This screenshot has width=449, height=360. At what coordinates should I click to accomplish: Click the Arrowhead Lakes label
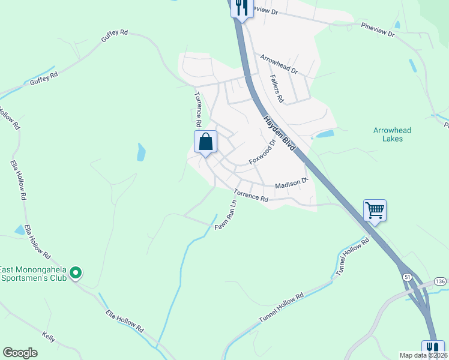point(388,134)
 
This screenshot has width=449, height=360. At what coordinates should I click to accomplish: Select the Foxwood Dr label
point(262,153)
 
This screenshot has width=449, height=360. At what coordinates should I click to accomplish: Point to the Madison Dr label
point(291,185)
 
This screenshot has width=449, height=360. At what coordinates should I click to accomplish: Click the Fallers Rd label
point(277,88)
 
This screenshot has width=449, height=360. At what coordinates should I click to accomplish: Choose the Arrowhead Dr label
point(279,64)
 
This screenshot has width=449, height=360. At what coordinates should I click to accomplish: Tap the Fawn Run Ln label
point(226,214)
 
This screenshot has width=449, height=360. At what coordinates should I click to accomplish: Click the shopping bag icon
point(205,143)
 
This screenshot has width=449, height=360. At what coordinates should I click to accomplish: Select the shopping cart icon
point(375,211)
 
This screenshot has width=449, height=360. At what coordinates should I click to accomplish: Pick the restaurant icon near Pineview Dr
point(241,8)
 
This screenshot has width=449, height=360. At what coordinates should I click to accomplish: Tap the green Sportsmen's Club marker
point(75,274)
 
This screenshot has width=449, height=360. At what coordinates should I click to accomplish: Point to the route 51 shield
point(407,277)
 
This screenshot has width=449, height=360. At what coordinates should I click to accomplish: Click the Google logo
point(20,353)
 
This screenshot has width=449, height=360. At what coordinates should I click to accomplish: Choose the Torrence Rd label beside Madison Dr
point(251,195)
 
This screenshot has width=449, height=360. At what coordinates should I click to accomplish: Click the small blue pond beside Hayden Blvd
point(325,134)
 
